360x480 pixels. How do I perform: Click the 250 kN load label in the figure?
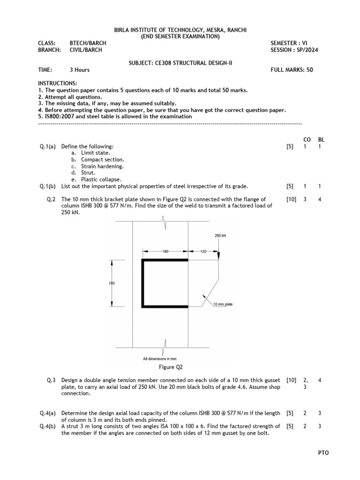point(220,236)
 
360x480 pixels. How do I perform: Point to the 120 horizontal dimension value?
point(203,252)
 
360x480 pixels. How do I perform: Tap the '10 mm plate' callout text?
point(223,304)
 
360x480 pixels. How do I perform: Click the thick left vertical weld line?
point(142,283)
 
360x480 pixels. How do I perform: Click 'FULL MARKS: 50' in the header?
point(292,70)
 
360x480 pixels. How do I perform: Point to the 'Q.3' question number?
point(51,380)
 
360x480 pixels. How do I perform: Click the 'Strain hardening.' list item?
point(102,166)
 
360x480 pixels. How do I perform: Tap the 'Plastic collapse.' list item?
point(101,179)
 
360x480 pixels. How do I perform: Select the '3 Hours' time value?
point(80,70)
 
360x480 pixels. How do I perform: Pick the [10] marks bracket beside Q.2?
point(291,199)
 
